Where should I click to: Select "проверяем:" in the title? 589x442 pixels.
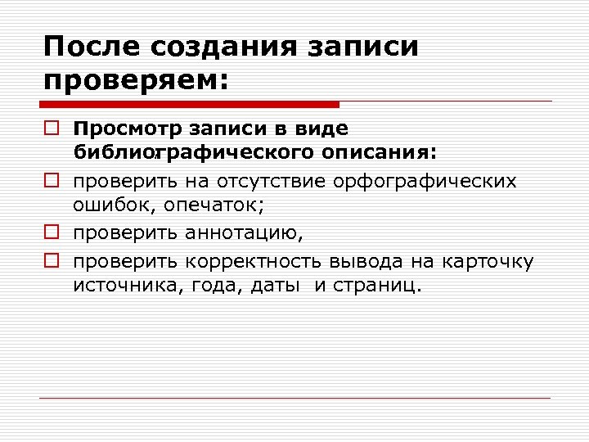click(137, 80)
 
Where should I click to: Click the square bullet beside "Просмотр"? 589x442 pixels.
click(51, 129)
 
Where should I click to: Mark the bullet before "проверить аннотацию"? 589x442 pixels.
click(51, 232)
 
